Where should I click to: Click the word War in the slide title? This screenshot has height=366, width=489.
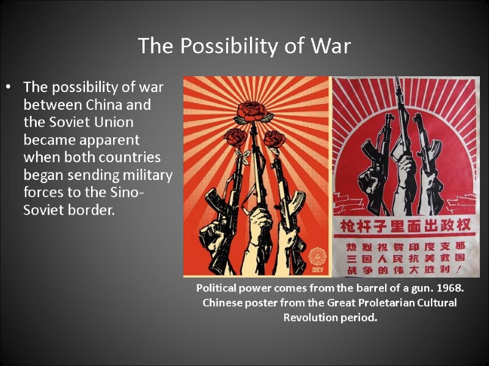(331, 46)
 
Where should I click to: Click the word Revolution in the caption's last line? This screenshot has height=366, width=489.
(312, 318)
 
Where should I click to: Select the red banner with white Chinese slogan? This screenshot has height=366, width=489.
(405, 225)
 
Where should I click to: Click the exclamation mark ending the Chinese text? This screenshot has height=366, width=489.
(460, 269)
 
